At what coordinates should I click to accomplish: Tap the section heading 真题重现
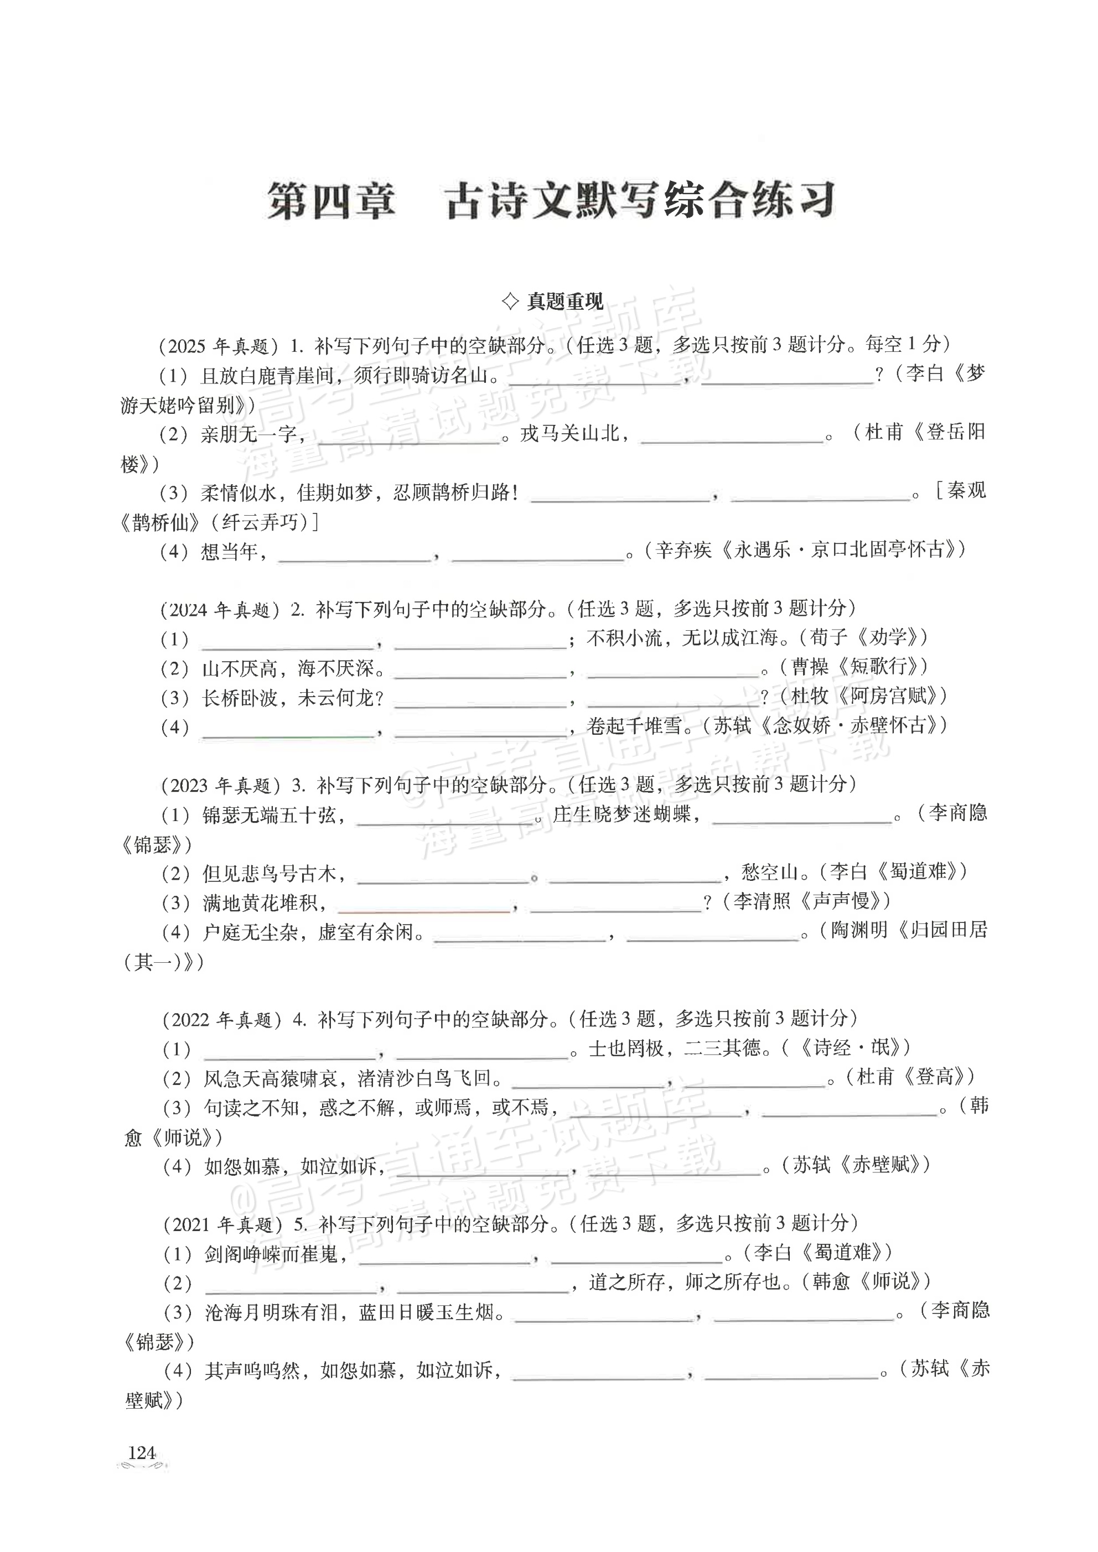pyautogui.click(x=564, y=302)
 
